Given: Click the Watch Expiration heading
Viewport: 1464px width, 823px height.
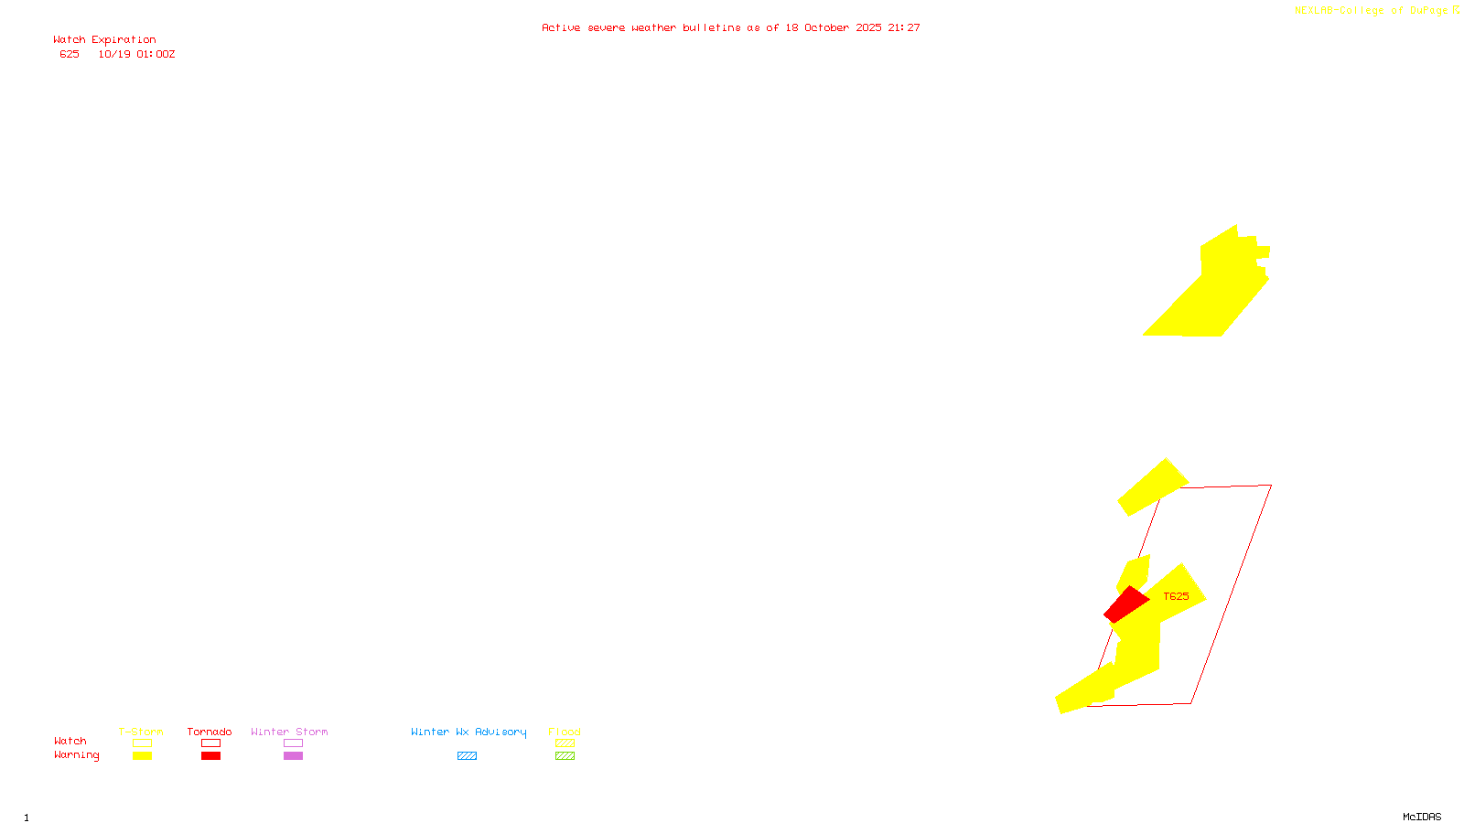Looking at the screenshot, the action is pos(104,40).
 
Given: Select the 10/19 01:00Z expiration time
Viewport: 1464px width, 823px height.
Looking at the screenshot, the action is pos(136,55).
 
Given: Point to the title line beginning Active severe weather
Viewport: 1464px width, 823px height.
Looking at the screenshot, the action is pos(730,28).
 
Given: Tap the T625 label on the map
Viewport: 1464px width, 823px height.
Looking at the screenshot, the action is pos(1176,596).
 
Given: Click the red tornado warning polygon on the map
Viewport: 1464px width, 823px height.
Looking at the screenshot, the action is pos(1126,604).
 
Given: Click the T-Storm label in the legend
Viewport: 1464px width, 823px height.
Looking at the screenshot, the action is pos(141,732).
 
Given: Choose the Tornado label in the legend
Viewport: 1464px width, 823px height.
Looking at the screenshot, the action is pos(210,732).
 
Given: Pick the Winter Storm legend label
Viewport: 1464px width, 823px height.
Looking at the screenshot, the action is pos(289,732).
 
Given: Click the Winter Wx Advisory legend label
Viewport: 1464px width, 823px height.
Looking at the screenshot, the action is pos(468,732).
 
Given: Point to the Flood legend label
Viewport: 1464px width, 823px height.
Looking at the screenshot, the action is pos(565,732).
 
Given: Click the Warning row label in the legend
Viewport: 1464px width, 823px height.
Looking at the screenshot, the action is pos(76,755).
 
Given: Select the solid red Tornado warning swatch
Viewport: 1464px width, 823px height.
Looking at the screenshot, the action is pos(210,756).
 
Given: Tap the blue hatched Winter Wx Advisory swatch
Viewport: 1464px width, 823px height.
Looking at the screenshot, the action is pos(467,756).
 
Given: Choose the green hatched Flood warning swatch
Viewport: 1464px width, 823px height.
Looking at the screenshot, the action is pos(565,756).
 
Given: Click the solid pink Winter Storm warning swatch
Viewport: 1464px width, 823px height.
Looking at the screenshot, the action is pos(293,756).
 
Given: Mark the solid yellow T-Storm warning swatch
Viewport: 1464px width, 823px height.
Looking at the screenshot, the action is pos(142,756).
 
